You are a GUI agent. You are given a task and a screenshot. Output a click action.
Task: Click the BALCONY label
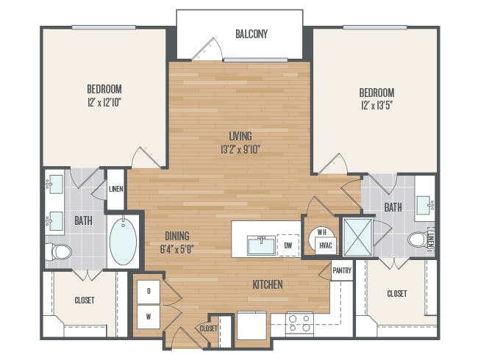[x=252, y=34]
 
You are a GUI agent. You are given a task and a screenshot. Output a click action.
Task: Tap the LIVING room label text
[x=240, y=136]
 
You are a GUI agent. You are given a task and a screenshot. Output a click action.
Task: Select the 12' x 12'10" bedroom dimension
[x=104, y=102]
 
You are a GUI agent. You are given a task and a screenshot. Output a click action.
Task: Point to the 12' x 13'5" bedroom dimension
[x=377, y=106]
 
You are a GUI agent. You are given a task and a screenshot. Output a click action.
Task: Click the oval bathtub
[x=123, y=241]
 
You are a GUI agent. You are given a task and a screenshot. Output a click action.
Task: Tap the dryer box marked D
[x=149, y=291]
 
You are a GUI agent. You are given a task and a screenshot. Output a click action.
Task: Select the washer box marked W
[x=149, y=317]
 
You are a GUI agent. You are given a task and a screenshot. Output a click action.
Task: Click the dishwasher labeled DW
[x=288, y=245]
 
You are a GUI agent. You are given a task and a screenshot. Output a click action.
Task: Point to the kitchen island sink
[x=262, y=245]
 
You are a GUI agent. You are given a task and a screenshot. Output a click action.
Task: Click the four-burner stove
[x=299, y=323]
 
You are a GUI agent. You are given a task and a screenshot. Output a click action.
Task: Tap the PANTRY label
[x=342, y=270]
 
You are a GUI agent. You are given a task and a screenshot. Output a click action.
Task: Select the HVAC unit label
[x=326, y=245]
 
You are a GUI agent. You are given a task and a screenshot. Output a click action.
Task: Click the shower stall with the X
[x=358, y=237]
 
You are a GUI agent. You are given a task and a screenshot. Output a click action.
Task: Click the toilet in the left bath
[x=59, y=252]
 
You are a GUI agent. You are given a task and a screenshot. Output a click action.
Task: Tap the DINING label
[x=177, y=236]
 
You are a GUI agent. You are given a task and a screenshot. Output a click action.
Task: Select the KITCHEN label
[x=268, y=284]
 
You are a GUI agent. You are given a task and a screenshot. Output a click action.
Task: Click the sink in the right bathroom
[x=425, y=205]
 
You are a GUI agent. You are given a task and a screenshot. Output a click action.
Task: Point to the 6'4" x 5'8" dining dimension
[x=177, y=249]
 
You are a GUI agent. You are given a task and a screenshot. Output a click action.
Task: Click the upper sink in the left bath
[x=55, y=184]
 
